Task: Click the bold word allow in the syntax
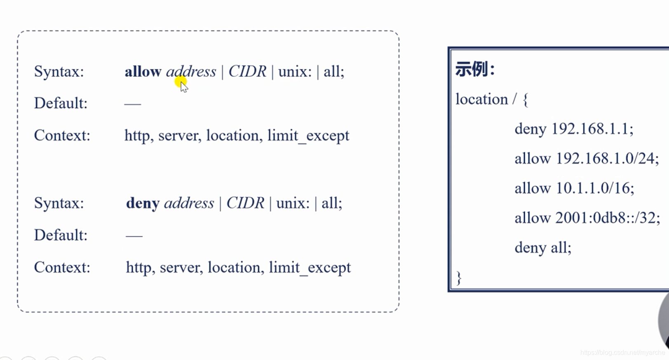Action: click(143, 72)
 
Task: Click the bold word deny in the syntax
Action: click(143, 203)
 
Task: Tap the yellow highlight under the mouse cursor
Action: click(181, 82)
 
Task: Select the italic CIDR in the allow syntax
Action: click(247, 72)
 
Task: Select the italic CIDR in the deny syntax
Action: click(245, 203)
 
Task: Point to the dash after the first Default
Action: click(132, 104)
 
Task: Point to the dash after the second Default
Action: click(134, 236)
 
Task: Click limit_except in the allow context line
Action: click(308, 136)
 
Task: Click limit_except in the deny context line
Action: click(310, 268)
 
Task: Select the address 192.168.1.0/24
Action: click(607, 159)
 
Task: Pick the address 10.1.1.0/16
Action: click(594, 188)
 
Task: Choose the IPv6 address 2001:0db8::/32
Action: click(607, 218)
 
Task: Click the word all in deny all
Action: click(561, 248)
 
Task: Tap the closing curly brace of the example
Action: click(459, 278)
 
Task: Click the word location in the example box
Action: click(481, 99)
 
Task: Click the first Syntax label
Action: click(59, 72)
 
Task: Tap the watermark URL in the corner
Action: click(622, 353)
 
